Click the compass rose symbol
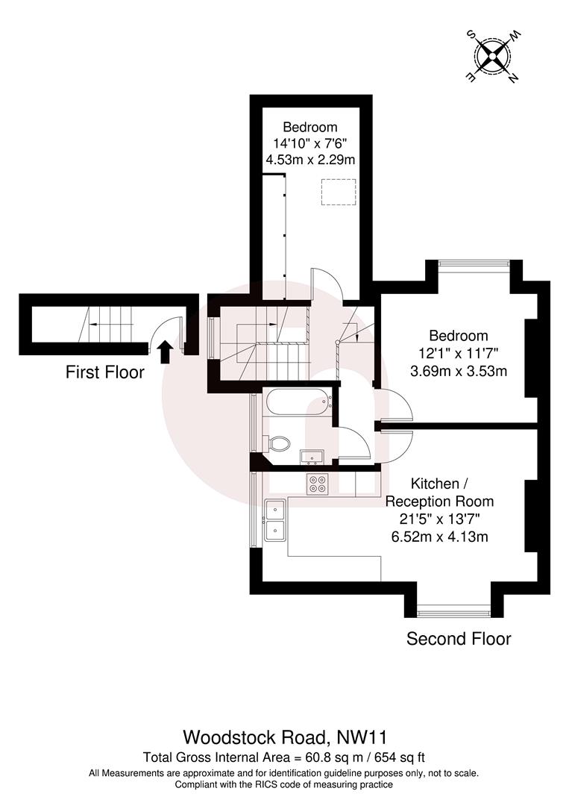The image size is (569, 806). (x=493, y=54)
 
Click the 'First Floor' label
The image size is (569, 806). (x=105, y=372)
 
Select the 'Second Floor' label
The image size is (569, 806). (x=458, y=639)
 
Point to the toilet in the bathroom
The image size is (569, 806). (x=279, y=443)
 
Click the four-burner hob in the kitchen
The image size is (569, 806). (x=317, y=484)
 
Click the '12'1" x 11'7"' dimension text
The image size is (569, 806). (x=458, y=353)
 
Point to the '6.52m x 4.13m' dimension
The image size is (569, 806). (x=439, y=536)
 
